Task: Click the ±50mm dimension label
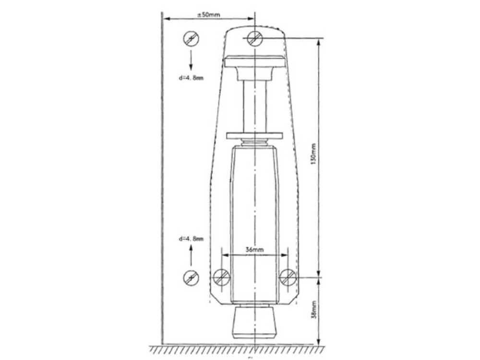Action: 208,14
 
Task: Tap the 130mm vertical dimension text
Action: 312,154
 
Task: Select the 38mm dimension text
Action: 313,310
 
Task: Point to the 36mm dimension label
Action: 254,250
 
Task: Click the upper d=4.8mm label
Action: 191,78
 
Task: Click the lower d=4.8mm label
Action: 191,239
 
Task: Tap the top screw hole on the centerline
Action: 255,38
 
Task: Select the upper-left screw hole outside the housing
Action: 191,39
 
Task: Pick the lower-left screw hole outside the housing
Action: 191,278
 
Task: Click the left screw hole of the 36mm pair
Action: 222,277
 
